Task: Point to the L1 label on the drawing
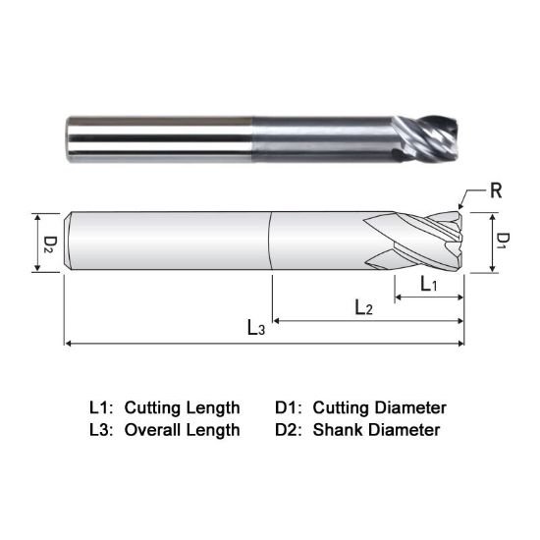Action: [x=429, y=285]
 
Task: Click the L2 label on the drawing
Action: [x=363, y=307]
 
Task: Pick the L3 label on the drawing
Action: [x=255, y=329]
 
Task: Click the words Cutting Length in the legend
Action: [x=182, y=406]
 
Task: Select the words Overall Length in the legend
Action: [x=182, y=429]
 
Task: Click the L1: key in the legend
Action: [x=101, y=406]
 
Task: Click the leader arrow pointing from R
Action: [x=471, y=197]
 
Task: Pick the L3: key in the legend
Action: [x=101, y=429]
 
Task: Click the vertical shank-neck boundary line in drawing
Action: [x=271, y=242]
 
